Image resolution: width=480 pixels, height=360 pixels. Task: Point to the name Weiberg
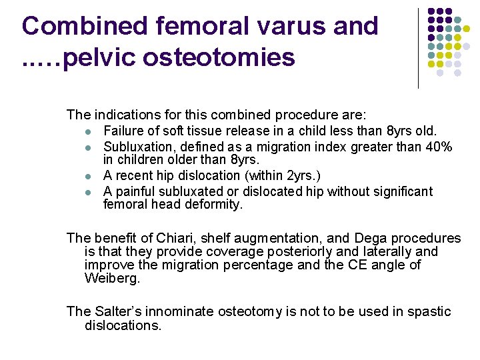113,278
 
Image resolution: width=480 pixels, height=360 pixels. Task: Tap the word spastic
427,311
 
